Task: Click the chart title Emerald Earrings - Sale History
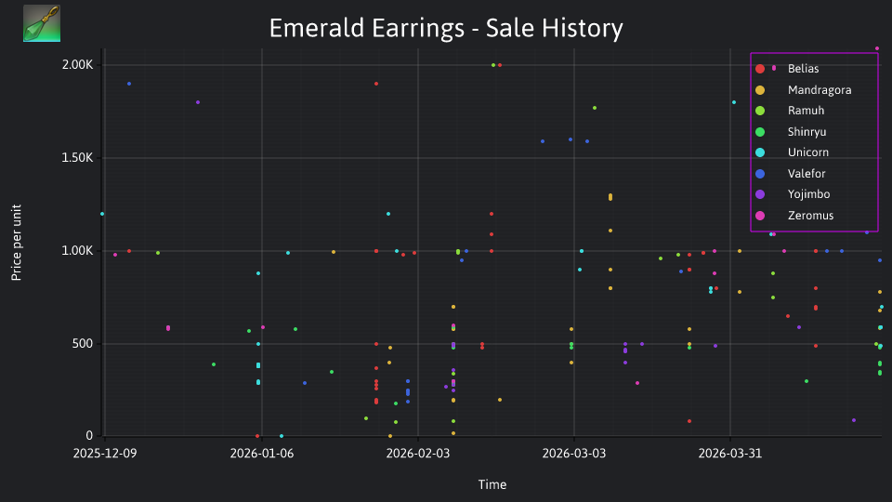click(446, 28)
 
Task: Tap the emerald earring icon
click(42, 23)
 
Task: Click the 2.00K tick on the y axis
click(77, 65)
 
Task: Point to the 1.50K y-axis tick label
click(77, 158)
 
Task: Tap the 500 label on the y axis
click(82, 344)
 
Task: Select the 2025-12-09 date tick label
click(105, 454)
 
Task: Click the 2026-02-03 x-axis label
click(417, 454)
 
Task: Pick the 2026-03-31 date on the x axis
click(730, 454)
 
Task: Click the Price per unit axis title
click(17, 243)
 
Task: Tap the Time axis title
click(492, 485)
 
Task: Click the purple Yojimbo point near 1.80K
click(198, 102)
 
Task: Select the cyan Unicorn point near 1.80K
click(734, 102)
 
